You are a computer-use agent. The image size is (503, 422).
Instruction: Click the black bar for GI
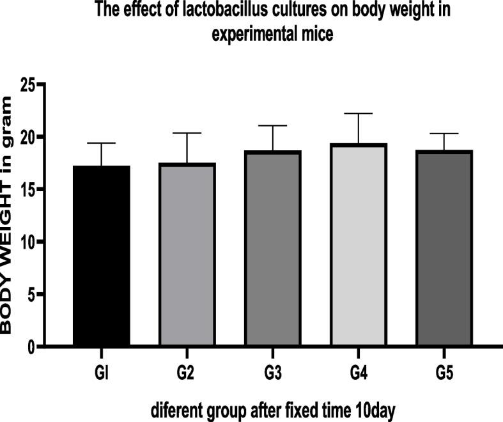point(102,256)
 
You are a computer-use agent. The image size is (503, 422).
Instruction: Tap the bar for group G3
point(272,249)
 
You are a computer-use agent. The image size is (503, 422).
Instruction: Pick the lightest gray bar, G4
point(357,246)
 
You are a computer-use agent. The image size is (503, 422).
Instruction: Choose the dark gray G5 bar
point(442,249)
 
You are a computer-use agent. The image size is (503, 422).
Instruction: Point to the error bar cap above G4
point(357,114)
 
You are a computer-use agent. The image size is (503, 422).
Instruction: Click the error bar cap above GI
point(102,143)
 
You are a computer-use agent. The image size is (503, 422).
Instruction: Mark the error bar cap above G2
point(187,133)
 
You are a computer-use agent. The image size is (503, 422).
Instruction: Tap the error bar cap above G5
point(442,134)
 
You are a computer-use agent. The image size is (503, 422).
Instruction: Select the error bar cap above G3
point(272,126)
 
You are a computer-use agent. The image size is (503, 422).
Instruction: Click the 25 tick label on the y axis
point(26,85)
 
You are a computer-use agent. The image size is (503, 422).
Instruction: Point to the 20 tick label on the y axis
point(26,137)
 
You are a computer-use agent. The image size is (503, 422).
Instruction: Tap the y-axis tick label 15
point(26,190)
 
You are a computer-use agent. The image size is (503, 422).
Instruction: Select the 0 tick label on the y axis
point(31,347)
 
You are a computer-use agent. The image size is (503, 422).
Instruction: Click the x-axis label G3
point(272,372)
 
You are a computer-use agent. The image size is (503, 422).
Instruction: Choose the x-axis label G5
point(442,372)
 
